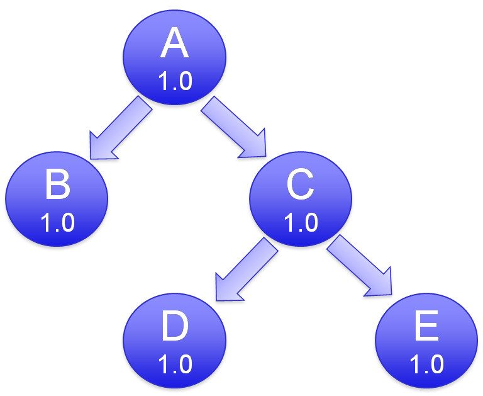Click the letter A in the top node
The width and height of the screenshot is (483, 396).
coord(174,44)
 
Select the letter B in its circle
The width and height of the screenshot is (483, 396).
coord(57,186)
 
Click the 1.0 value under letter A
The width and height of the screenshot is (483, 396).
coord(175,81)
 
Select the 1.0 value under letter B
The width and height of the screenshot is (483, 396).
coord(57,222)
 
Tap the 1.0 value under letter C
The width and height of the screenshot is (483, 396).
coord(301,222)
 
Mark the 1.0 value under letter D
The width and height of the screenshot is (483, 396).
coord(175,365)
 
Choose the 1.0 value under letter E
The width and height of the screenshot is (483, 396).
coord(426,365)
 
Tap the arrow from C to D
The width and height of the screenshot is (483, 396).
coord(247,269)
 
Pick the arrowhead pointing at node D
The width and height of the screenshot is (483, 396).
coord(227,288)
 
